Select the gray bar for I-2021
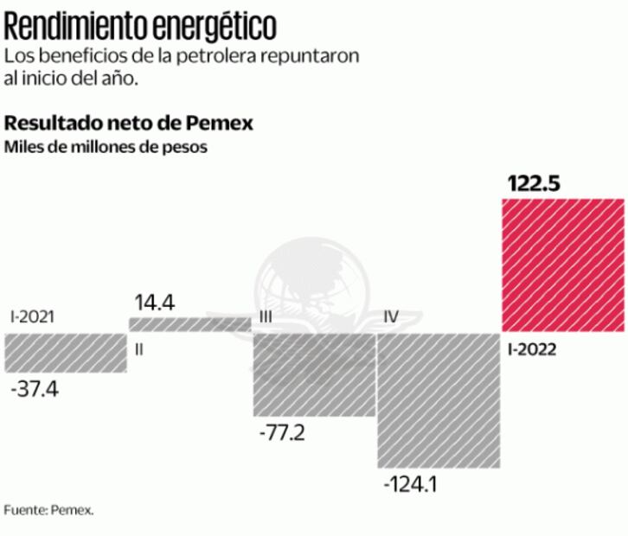pos(65,353)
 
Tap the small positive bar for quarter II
pos(189,324)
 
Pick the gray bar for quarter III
pos(313,373)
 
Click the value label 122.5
pos(533,184)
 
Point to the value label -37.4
pos(35,390)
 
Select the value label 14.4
pos(155,303)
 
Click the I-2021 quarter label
pos(32,316)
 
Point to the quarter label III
pos(266,317)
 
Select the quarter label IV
pos(391,317)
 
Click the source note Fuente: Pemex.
pos(48,510)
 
